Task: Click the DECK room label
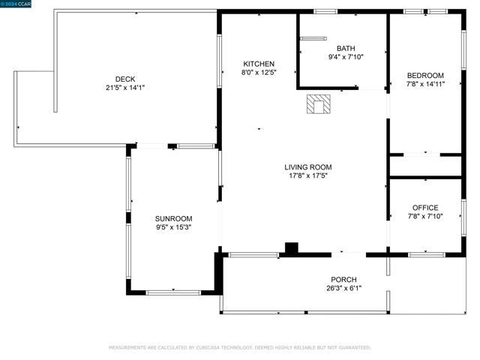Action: tap(125, 79)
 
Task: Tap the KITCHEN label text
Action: tap(259, 64)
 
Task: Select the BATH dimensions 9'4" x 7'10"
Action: tap(346, 57)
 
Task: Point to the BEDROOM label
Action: tap(425, 76)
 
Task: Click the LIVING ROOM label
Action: tap(308, 167)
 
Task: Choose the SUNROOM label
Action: tap(173, 218)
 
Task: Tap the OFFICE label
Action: tap(425, 208)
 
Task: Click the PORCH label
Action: tap(343, 280)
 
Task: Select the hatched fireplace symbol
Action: tap(318, 104)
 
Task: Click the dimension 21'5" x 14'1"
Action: tap(125, 88)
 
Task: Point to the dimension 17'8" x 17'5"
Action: tap(308, 175)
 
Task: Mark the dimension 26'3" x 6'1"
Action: tap(343, 288)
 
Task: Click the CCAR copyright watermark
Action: tap(16, 4)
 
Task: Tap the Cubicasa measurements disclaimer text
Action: tap(240, 348)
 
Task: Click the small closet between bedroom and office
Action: tap(425, 166)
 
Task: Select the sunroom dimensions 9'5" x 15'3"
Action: tap(173, 227)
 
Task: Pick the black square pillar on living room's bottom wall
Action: tap(292, 248)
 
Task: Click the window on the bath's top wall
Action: tap(325, 12)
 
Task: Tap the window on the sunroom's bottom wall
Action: tap(173, 293)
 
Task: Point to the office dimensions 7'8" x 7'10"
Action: tap(425, 217)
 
